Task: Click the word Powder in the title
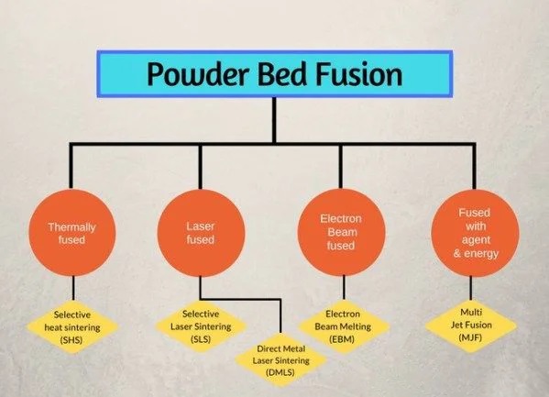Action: point(198,74)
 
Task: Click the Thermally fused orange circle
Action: point(72,233)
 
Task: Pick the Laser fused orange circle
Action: point(201,233)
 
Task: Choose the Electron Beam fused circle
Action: point(341,232)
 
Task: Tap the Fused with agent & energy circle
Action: point(475,233)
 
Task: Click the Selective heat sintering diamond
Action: point(72,327)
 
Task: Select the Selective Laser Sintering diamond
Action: point(201,326)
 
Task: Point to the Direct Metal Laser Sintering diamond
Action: point(281,360)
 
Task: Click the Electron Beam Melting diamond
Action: point(343,326)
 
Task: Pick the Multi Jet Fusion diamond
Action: point(471,325)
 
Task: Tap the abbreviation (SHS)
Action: point(71,340)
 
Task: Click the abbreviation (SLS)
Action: point(201,339)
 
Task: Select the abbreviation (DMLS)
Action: point(280,372)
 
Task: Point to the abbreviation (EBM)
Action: point(342,339)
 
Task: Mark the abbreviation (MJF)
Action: point(470,337)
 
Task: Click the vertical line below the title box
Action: point(274,120)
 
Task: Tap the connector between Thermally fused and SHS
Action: point(73,288)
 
